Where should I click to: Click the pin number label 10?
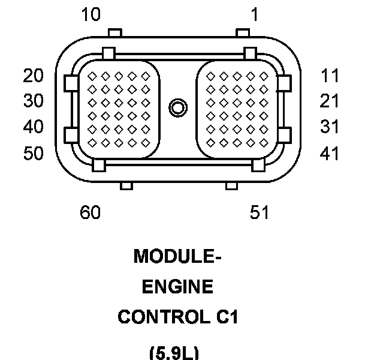coord(91,14)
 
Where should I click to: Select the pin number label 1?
coord(255,14)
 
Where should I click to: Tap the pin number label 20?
coord(34,76)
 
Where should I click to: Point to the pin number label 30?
coord(34,101)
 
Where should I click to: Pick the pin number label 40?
coord(34,126)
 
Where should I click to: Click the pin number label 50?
coord(34,153)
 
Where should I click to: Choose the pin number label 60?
coord(90,212)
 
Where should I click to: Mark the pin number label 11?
coord(330,76)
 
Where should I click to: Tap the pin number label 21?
coord(329,101)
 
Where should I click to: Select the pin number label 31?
coord(329,126)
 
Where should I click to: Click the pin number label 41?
coord(329,153)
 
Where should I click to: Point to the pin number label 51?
coord(260,212)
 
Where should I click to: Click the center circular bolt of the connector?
coord(178,107)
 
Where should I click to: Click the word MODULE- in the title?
coord(177,256)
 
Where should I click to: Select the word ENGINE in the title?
coord(177,286)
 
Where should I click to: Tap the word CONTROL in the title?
coord(165,317)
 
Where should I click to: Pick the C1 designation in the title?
coord(227,317)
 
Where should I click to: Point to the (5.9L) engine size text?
coord(174,353)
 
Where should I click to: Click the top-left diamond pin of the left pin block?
coord(92,76)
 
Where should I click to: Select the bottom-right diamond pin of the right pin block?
coord(264,143)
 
